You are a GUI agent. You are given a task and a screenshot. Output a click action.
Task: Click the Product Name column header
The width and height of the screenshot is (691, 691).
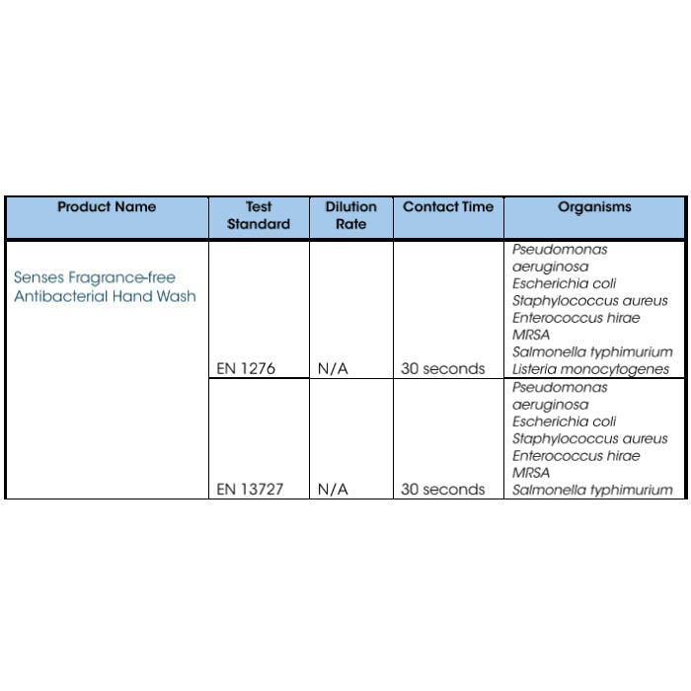(x=107, y=207)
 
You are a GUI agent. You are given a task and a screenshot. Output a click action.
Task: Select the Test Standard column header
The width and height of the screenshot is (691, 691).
(x=259, y=216)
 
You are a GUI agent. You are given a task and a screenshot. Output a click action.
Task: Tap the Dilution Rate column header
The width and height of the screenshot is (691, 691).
(x=350, y=216)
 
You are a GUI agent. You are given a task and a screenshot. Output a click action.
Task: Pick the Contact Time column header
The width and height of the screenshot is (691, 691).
(x=448, y=207)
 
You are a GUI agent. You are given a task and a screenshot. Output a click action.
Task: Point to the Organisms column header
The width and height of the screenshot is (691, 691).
(x=594, y=207)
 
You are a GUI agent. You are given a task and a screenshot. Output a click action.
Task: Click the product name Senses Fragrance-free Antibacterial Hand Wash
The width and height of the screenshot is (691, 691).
(x=105, y=287)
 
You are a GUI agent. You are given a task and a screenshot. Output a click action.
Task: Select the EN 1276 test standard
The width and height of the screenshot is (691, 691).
(x=246, y=369)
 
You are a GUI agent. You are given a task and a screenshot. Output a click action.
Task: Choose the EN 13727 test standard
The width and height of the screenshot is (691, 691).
(x=252, y=490)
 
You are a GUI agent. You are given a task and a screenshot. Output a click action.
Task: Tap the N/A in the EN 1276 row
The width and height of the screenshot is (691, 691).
(x=333, y=369)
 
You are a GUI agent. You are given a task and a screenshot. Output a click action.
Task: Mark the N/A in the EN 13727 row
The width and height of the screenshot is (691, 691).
(x=333, y=490)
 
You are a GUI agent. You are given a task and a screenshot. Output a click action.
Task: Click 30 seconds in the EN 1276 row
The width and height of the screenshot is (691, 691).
(x=443, y=369)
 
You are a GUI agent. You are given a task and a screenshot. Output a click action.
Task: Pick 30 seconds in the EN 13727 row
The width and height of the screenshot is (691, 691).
(x=443, y=490)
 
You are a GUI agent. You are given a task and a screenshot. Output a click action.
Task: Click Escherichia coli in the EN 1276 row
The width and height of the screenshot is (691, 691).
(x=564, y=284)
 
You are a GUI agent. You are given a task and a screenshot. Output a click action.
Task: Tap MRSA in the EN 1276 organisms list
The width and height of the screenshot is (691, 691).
(x=531, y=335)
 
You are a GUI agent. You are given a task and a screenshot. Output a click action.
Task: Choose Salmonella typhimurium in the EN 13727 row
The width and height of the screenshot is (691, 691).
(x=592, y=490)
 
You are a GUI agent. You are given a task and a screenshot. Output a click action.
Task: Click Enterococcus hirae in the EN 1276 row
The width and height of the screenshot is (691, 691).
(x=576, y=318)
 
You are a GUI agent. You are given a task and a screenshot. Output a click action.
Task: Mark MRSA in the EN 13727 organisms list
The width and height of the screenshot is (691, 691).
(x=531, y=473)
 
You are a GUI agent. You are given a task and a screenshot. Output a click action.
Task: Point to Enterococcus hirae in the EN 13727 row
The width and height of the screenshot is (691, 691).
(x=576, y=456)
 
